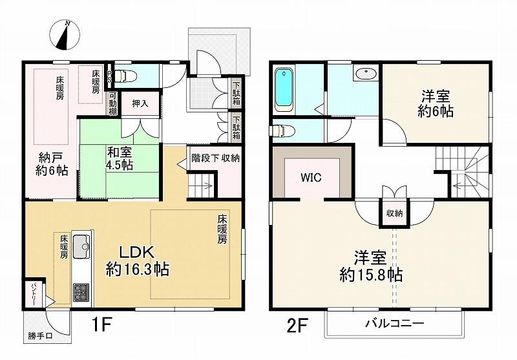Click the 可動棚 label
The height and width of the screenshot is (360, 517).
(x=112, y=104)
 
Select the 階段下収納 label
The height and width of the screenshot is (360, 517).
(x=216, y=157)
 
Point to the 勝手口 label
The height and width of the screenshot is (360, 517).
(x=41, y=336)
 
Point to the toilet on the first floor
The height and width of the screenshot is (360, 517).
(x=127, y=76)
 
